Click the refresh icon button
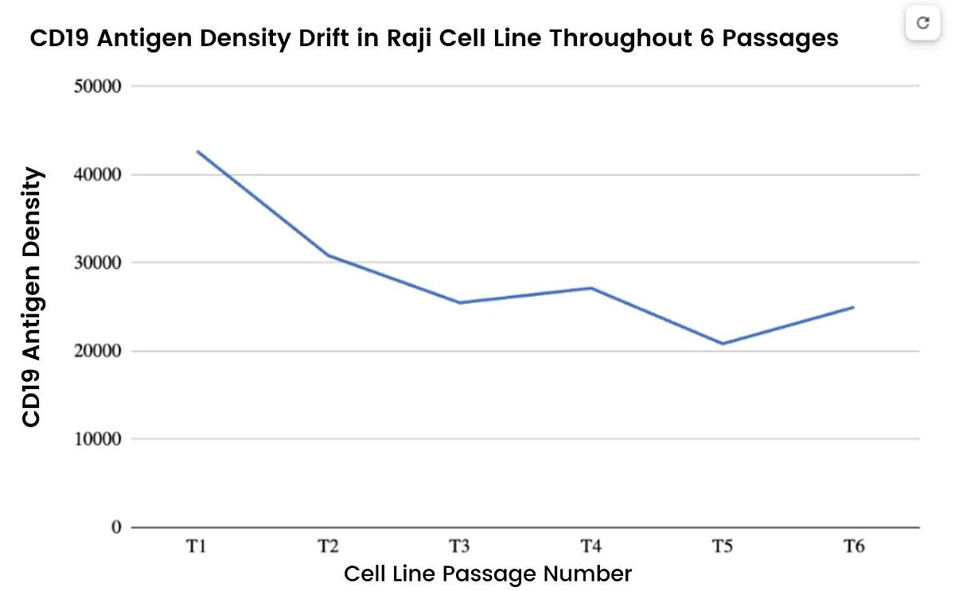click(923, 23)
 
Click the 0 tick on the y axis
click(116, 527)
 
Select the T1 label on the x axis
click(197, 546)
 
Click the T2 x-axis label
click(328, 546)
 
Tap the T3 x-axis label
click(459, 546)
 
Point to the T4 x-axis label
click(591, 546)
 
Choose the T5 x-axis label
click(722, 546)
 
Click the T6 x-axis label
click(853, 546)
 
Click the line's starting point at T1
click(197, 151)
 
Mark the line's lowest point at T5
click(722, 344)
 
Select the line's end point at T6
click(853, 307)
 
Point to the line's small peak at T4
click(591, 288)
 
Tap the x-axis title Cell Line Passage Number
click(488, 574)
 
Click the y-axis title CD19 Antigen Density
click(32, 297)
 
